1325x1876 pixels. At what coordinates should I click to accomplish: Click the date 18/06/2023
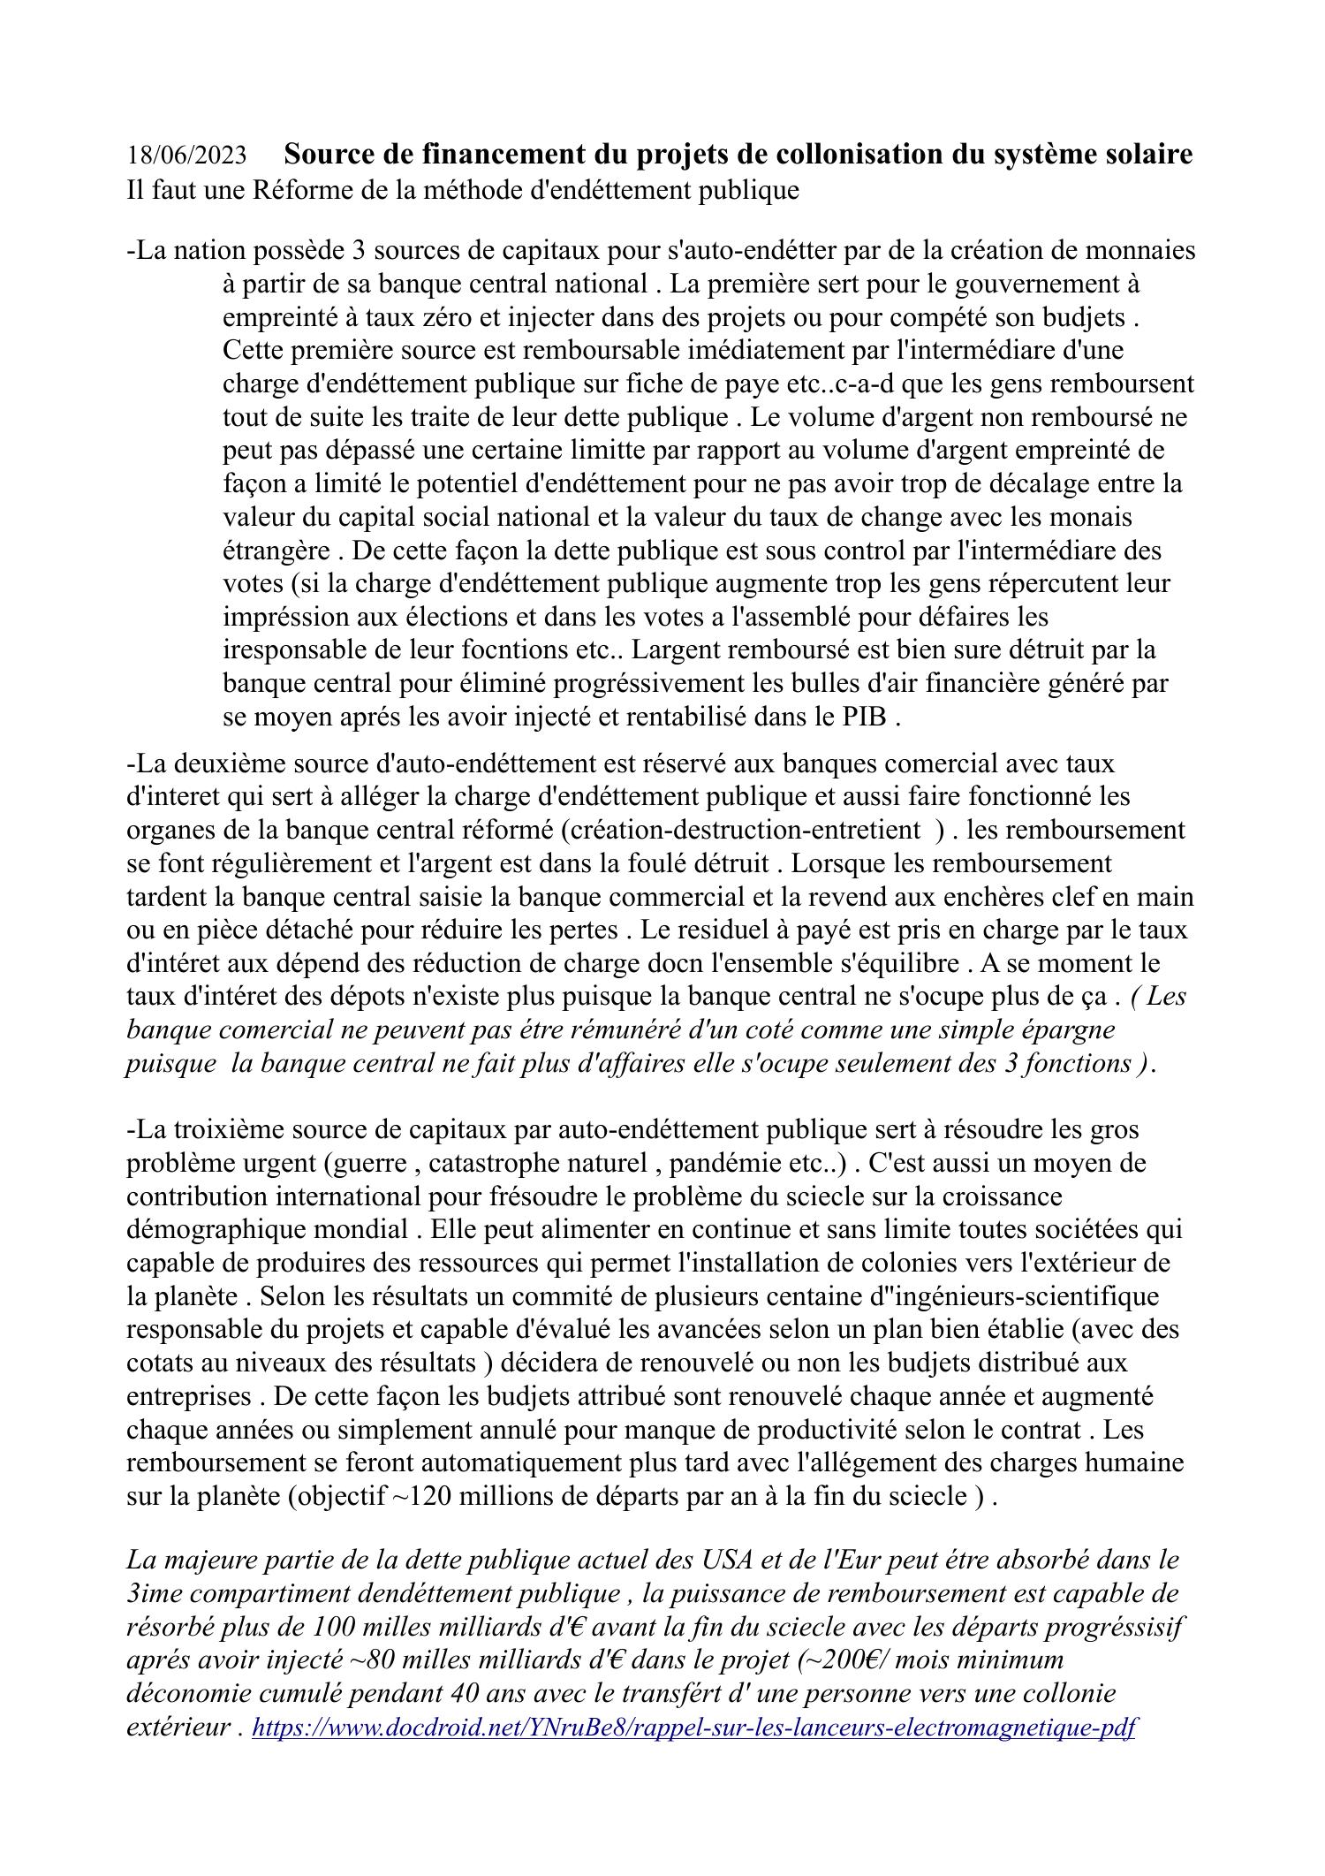click(x=186, y=156)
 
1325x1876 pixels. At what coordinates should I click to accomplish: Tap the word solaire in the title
click(x=1143, y=155)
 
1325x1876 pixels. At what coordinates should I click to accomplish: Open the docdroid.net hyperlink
click(x=693, y=1728)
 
